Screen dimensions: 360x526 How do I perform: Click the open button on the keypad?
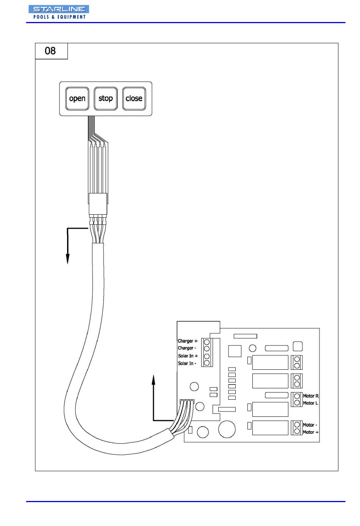tap(77, 99)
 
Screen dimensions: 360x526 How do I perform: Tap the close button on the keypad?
tap(134, 99)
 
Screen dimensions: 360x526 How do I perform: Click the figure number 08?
tap(50, 51)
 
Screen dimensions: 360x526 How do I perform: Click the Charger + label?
tap(188, 341)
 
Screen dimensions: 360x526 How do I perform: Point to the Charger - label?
tap(187, 348)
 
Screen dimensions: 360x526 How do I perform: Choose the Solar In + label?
tap(188, 356)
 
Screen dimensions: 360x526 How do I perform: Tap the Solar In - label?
tap(187, 363)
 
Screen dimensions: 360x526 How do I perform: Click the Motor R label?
tap(311, 396)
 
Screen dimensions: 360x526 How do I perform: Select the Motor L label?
tap(310, 403)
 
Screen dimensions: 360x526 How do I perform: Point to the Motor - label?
tap(310, 425)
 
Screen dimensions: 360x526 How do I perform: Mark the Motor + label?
tap(310, 432)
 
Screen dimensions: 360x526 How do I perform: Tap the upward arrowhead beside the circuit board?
tap(153, 380)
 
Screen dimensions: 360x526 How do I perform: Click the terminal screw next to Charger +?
tap(207, 342)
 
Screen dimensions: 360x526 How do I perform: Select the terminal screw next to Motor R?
tap(297, 396)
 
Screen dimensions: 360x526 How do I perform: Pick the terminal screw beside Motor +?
tap(297, 431)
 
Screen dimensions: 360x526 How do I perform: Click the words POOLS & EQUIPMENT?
tap(59, 17)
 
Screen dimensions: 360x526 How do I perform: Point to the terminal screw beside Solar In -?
tap(207, 363)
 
